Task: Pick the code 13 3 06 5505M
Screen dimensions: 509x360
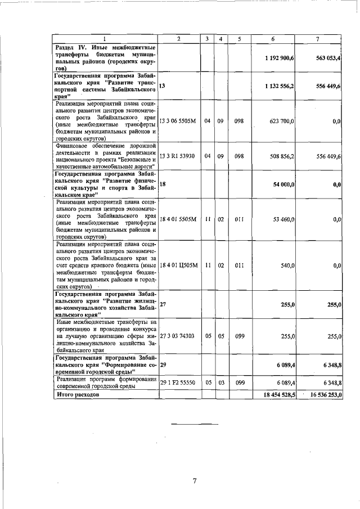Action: coord(178,121)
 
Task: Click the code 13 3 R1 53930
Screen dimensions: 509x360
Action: coord(177,156)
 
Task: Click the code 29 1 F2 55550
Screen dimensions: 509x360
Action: coord(177,382)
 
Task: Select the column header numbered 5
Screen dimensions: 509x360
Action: coord(240,39)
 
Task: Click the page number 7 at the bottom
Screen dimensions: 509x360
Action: coord(194,480)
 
